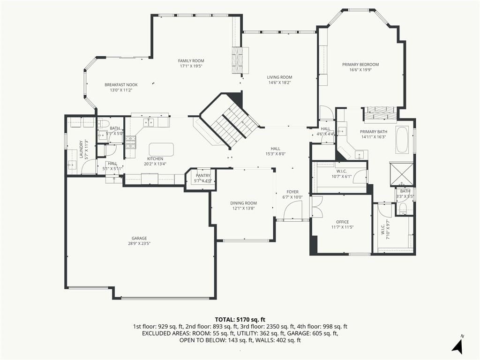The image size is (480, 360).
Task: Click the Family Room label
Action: pos(191,60)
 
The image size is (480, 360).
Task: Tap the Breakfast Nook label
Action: pos(121,85)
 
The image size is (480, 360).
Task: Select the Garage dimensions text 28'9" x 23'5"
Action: pos(139,244)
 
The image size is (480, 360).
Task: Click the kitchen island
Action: pos(161,150)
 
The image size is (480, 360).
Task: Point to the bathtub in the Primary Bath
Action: pos(402,140)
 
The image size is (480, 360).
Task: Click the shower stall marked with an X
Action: pos(401,174)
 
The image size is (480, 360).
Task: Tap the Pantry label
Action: pos(203,175)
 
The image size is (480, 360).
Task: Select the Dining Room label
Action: pos(243,203)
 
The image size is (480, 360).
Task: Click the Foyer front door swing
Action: pos(293,210)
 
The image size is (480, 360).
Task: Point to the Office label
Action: pos(342,222)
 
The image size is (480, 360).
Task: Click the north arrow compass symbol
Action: pos(457,345)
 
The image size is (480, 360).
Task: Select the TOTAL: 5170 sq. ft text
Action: pos(240,320)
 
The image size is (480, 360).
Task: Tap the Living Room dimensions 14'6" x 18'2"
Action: pos(279,82)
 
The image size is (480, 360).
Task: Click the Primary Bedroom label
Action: pos(360,65)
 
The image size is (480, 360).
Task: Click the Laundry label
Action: pos(81,150)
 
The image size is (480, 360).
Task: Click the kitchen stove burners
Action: pos(130,142)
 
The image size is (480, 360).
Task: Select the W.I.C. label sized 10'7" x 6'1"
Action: pos(341,172)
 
